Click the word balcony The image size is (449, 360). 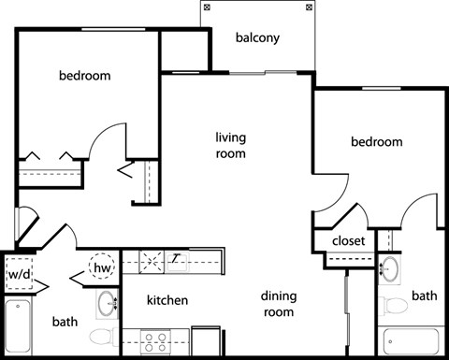(x=258, y=38)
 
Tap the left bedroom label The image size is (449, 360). (x=85, y=76)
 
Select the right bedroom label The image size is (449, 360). (x=376, y=142)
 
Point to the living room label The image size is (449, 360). (x=230, y=144)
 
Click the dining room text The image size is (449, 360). (x=278, y=305)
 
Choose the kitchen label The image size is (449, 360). (x=167, y=300)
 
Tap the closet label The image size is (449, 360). (x=348, y=240)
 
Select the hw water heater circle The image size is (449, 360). (x=102, y=267)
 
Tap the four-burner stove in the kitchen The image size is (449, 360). (x=153, y=340)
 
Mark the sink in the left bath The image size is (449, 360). (x=108, y=303)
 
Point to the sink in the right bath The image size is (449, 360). (x=390, y=268)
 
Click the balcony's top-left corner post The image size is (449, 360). (x=207, y=7)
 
